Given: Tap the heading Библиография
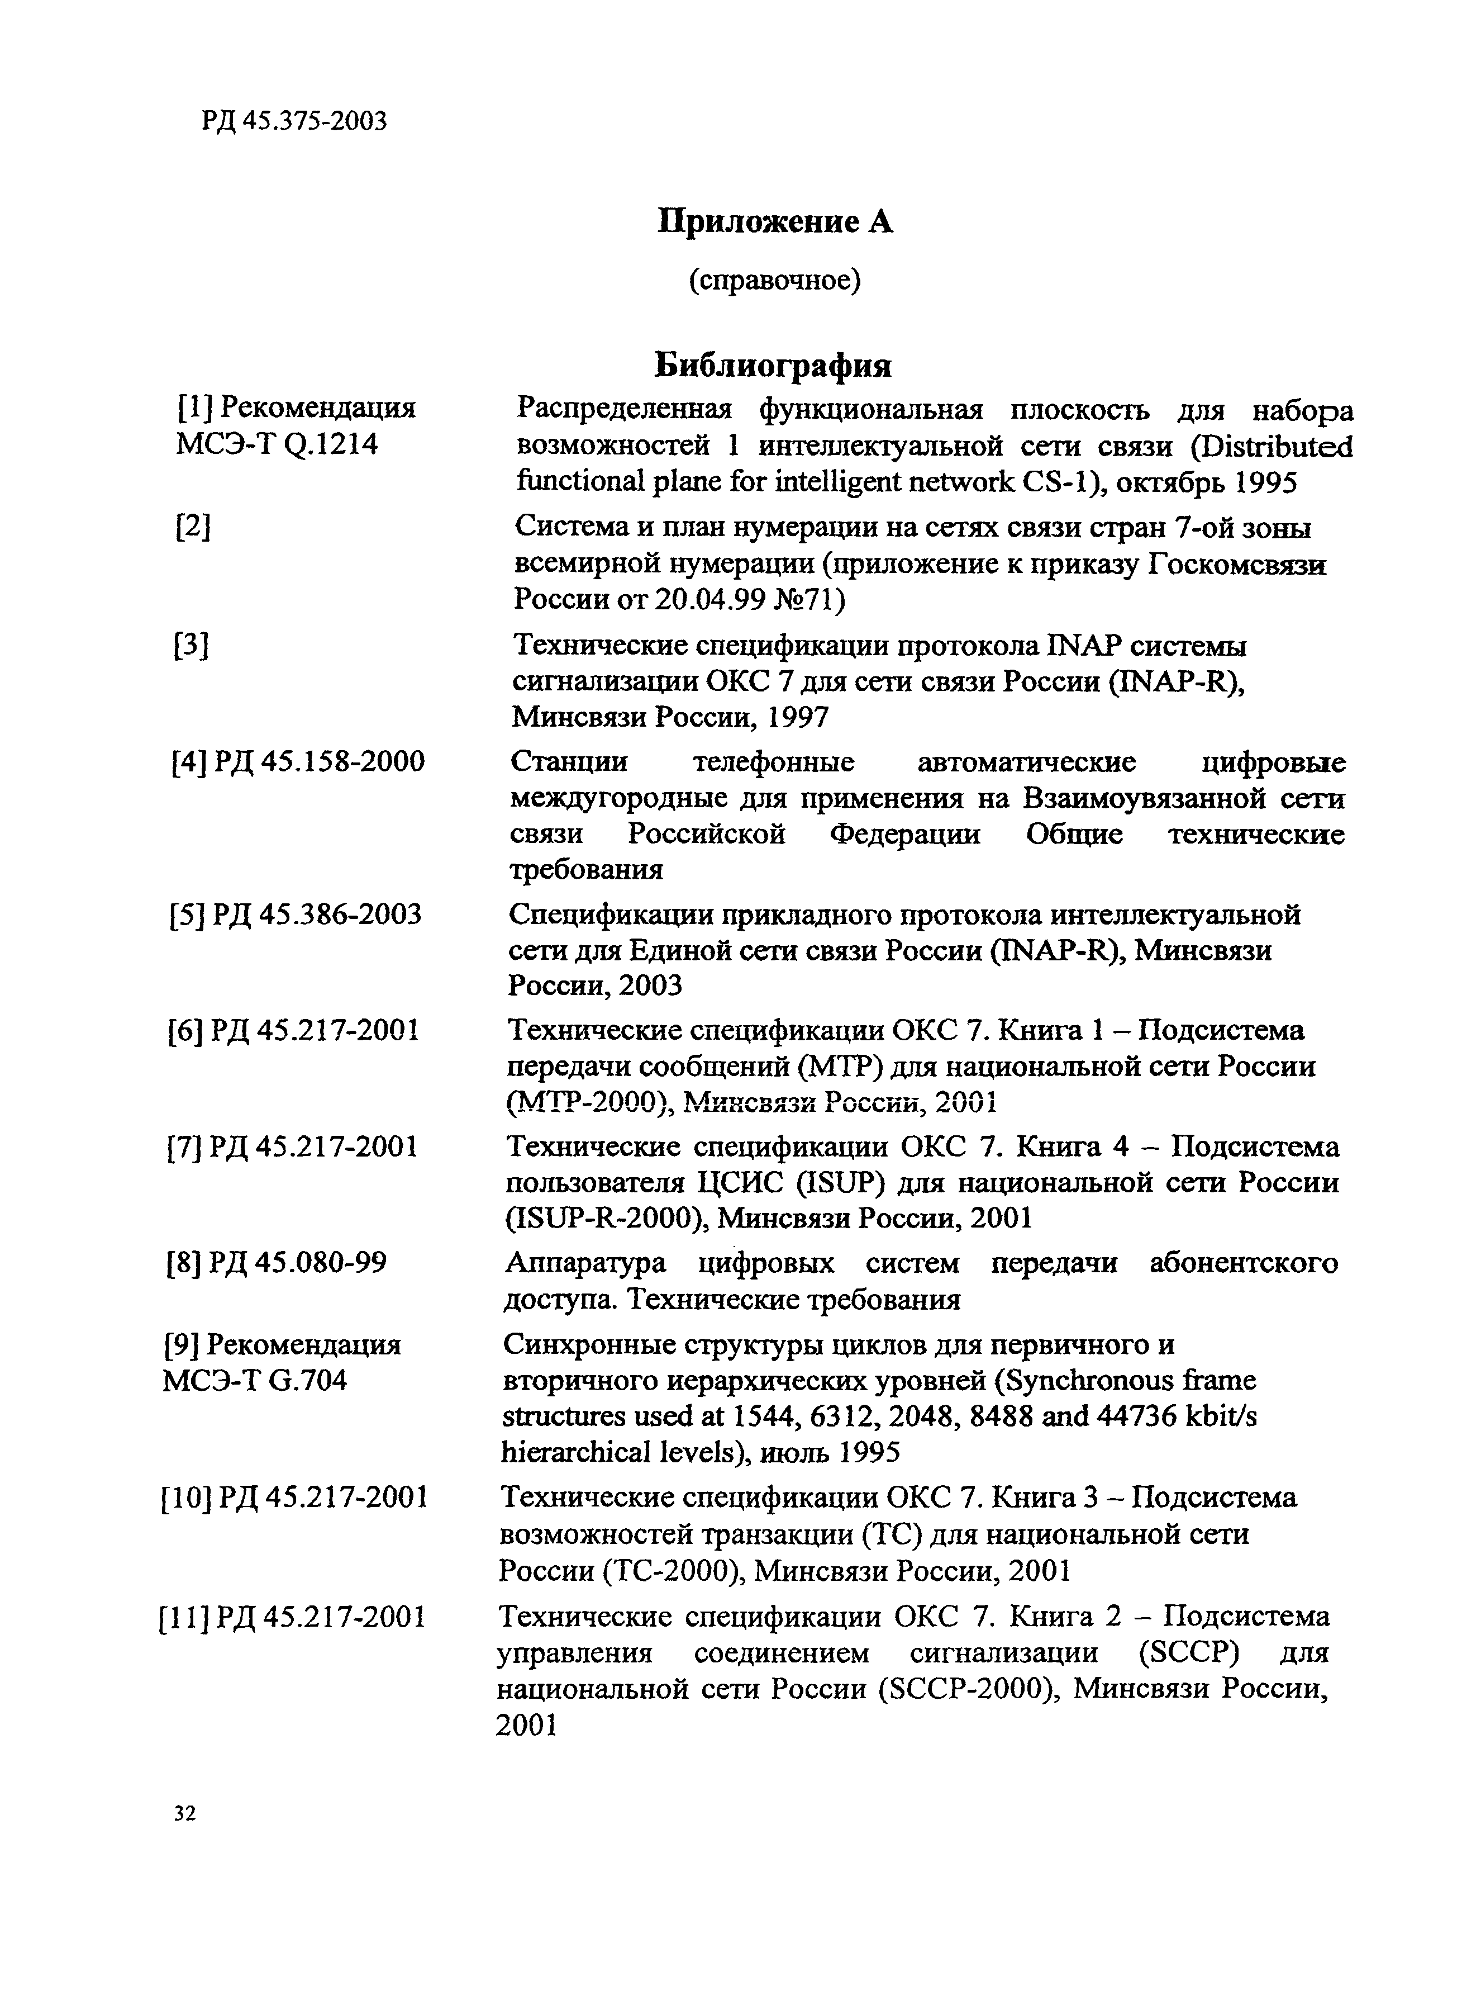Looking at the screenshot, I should point(773,365).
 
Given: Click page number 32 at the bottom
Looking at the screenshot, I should point(185,1813).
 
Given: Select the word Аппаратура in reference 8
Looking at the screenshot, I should point(585,1262).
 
